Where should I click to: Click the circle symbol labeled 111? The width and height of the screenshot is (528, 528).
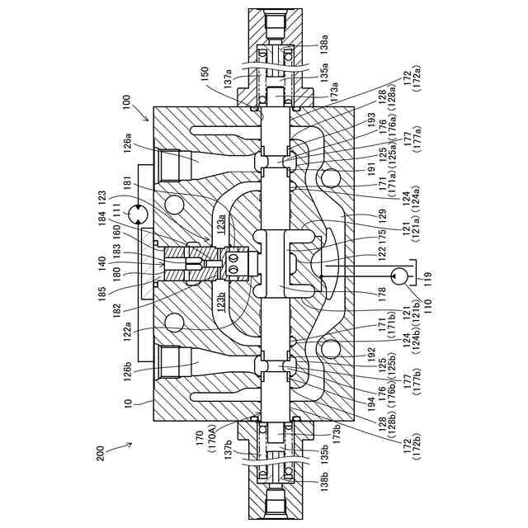[137, 214]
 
